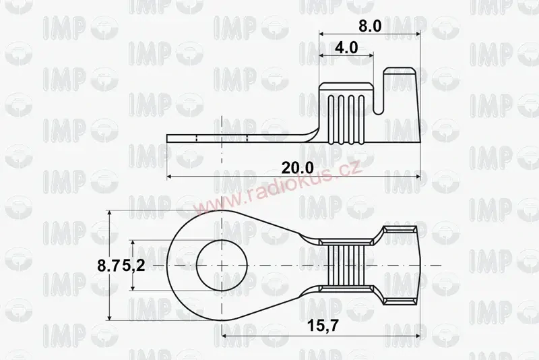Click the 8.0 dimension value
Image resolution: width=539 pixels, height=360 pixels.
point(370,26)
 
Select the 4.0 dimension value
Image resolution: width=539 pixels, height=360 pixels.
point(346,47)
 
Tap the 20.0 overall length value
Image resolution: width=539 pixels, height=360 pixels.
point(298,168)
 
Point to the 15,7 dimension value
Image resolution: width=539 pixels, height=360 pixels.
point(323,325)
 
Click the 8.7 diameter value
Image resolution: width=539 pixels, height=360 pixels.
point(109,266)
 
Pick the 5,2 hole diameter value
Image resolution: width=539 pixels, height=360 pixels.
point(133,266)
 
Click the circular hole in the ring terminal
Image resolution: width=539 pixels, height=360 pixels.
point(222,266)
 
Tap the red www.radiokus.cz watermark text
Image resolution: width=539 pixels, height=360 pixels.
point(277,190)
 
